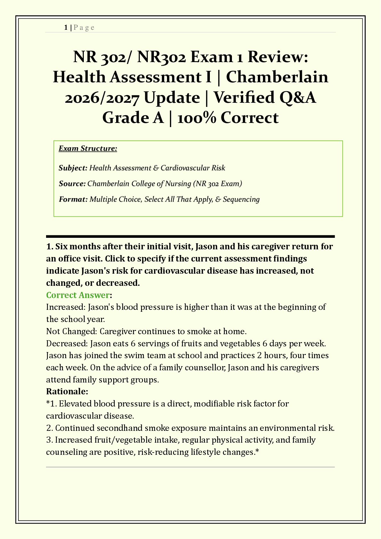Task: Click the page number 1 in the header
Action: click(66, 28)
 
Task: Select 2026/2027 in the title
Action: click(102, 97)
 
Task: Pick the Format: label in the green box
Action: click(73, 199)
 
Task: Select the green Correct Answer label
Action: click(78, 295)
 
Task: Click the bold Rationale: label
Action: click(67, 391)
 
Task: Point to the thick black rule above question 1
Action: click(190, 237)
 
